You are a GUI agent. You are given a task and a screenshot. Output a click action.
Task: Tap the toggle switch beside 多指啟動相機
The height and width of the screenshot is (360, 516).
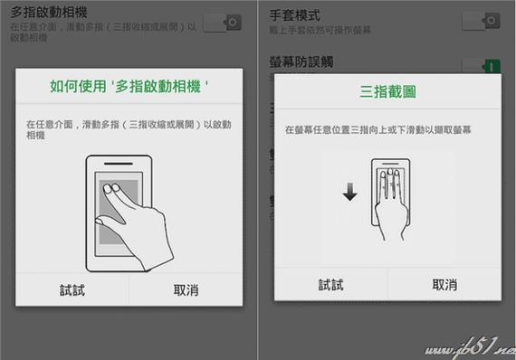(x=222, y=23)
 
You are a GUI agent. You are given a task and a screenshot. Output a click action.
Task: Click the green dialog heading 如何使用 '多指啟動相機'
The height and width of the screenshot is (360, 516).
(x=129, y=88)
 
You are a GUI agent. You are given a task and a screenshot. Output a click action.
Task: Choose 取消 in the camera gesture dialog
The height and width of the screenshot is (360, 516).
(x=186, y=289)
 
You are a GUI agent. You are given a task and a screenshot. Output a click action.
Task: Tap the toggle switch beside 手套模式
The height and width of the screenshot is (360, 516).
(x=480, y=21)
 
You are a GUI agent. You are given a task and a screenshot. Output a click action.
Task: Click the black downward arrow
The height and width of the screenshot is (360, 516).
(x=350, y=192)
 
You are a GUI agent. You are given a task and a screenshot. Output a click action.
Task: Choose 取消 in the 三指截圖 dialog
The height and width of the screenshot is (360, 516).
(x=444, y=284)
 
